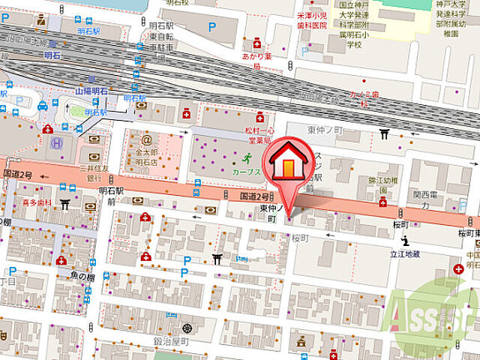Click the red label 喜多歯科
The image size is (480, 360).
[x=35, y=203]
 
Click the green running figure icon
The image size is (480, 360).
[x=247, y=158]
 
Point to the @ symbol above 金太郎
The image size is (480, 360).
[x=146, y=139]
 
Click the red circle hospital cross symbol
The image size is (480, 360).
[x=458, y=268]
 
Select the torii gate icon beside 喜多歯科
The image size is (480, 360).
[x=65, y=203]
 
